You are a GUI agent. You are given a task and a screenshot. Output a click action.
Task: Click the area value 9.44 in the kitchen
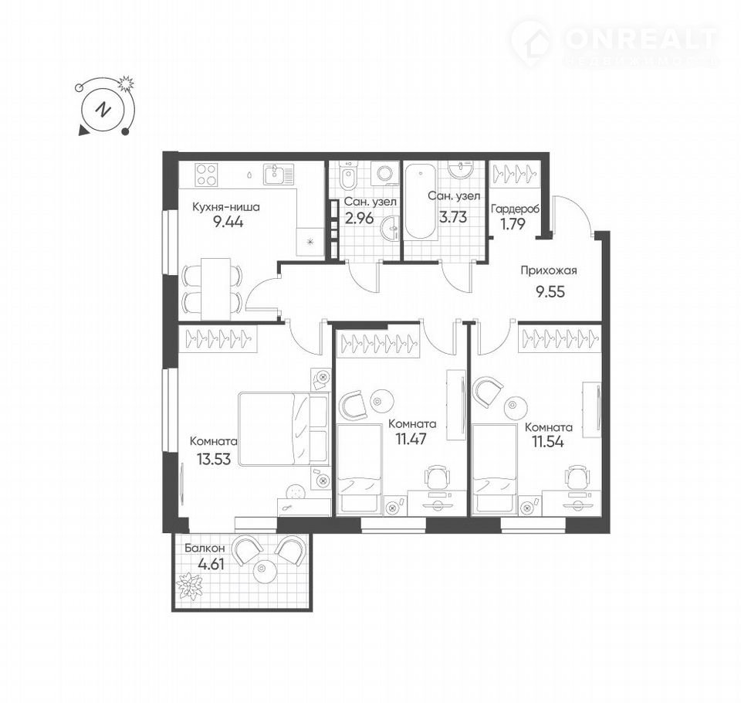click(228, 222)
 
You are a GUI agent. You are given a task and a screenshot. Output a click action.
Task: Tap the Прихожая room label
click(549, 271)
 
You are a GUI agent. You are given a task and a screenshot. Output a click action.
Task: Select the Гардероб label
click(515, 209)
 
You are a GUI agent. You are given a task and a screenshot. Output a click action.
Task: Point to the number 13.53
click(214, 459)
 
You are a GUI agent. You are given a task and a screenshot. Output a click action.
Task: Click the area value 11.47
click(411, 439)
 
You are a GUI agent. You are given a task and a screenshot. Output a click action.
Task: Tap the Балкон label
click(205, 548)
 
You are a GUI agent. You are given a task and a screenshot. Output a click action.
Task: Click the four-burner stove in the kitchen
click(205, 175)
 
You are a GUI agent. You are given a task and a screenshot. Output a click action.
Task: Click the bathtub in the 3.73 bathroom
click(421, 201)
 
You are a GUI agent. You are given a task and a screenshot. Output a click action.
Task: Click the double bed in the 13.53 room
click(283, 429)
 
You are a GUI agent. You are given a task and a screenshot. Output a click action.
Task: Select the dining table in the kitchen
click(216, 289)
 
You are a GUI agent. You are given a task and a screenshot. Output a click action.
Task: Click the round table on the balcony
click(263, 571)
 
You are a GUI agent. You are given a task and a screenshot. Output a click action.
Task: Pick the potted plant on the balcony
click(190, 586)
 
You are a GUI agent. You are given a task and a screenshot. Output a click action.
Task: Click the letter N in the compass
click(103, 110)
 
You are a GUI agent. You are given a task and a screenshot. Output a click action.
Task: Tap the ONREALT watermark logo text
click(641, 39)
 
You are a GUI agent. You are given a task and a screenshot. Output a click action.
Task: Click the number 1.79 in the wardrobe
click(513, 224)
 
